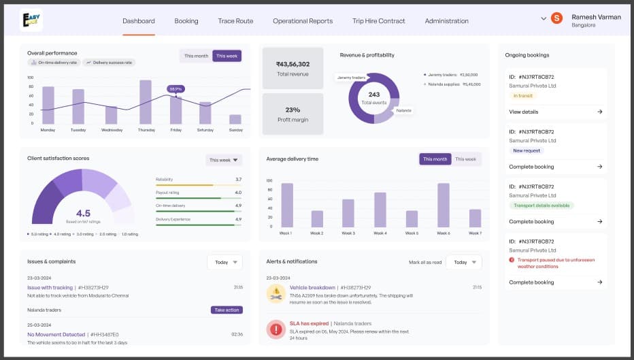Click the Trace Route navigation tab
click(x=235, y=21)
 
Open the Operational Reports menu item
click(x=303, y=21)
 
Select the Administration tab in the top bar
click(x=446, y=21)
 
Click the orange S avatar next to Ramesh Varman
click(x=556, y=18)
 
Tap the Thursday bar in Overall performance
click(x=146, y=102)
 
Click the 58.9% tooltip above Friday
click(x=176, y=88)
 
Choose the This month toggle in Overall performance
click(x=196, y=56)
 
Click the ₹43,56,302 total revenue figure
click(x=293, y=64)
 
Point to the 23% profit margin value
click(x=293, y=110)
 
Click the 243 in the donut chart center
click(x=374, y=95)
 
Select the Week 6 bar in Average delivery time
click(x=444, y=205)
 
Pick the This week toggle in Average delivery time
click(x=465, y=159)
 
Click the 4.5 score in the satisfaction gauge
click(x=83, y=213)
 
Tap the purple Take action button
click(x=227, y=310)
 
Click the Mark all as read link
click(x=425, y=262)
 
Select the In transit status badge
click(x=524, y=96)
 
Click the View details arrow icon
click(x=600, y=112)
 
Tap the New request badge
click(x=527, y=150)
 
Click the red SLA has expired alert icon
click(x=276, y=329)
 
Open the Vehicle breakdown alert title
click(x=312, y=288)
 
